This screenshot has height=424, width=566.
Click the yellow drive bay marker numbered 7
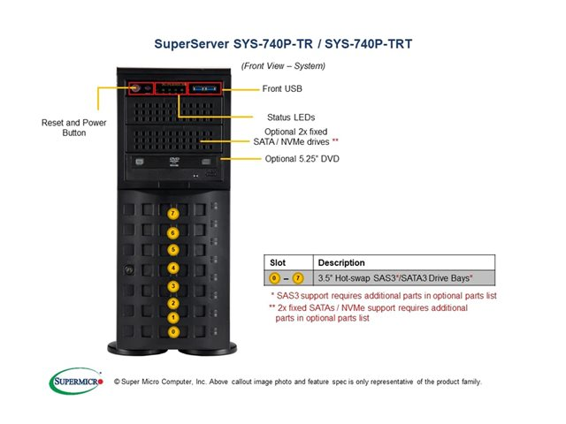click(x=173, y=214)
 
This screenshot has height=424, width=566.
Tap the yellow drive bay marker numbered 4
click(x=173, y=268)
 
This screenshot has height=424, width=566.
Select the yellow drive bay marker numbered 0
click(x=173, y=331)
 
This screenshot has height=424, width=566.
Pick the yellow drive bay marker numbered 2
click(x=173, y=304)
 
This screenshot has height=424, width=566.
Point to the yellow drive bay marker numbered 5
click(x=173, y=250)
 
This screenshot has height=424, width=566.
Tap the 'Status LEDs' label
click(x=291, y=117)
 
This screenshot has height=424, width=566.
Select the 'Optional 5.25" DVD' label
click(x=302, y=159)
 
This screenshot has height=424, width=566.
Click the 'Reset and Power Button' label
click(x=74, y=127)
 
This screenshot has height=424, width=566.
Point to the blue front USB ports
click(x=205, y=89)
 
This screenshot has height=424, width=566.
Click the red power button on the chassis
click(x=135, y=88)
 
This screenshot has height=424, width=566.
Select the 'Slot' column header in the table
click(x=278, y=262)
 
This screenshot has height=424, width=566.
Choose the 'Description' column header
click(x=341, y=262)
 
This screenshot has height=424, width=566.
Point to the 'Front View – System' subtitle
click(x=283, y=65)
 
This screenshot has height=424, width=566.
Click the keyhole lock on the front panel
click(x=129, y=269)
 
